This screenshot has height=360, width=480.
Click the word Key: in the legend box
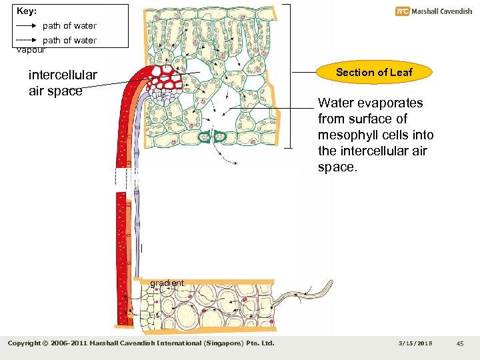27,11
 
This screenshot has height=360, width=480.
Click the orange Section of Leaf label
374,73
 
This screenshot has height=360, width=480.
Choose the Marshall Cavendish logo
433,11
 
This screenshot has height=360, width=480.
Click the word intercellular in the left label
63,75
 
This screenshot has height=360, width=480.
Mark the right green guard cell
221,137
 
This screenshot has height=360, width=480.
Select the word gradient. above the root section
167,283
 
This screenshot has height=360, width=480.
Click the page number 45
460,343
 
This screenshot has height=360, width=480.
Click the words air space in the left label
55,91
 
